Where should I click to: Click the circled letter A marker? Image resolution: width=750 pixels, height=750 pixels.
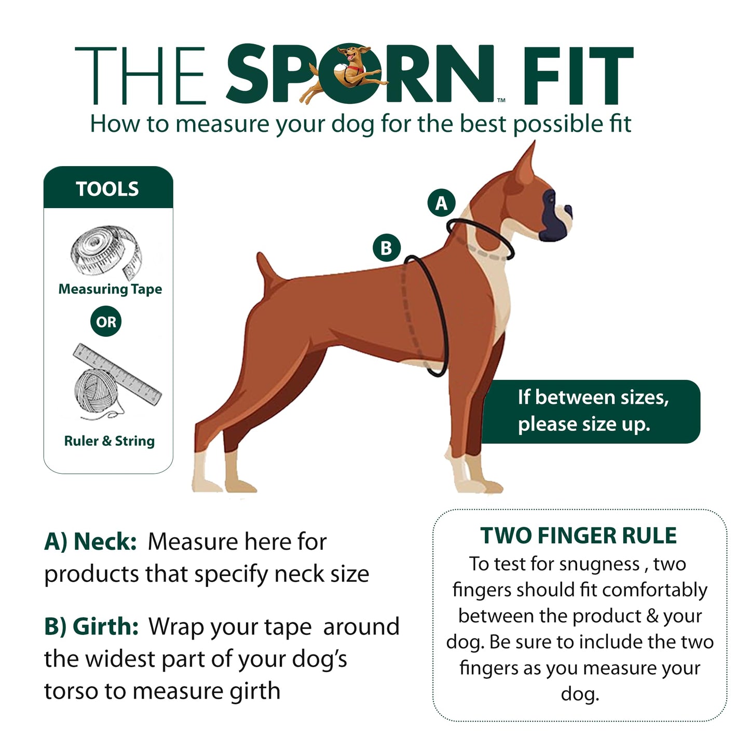point(441,203)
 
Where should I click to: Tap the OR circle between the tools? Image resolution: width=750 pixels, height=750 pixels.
point(106,322)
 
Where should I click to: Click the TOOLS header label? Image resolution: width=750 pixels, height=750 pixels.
point(107,189)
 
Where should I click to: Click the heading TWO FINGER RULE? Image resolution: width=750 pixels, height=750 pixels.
point(579,536)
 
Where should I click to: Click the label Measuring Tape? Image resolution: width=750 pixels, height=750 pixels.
point(110,289)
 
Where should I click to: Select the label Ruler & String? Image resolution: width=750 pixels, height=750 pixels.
point(109,441)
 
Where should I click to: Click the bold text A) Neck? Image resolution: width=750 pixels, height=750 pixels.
point(90,541)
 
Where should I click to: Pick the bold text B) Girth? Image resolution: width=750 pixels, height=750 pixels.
point(91,626)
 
